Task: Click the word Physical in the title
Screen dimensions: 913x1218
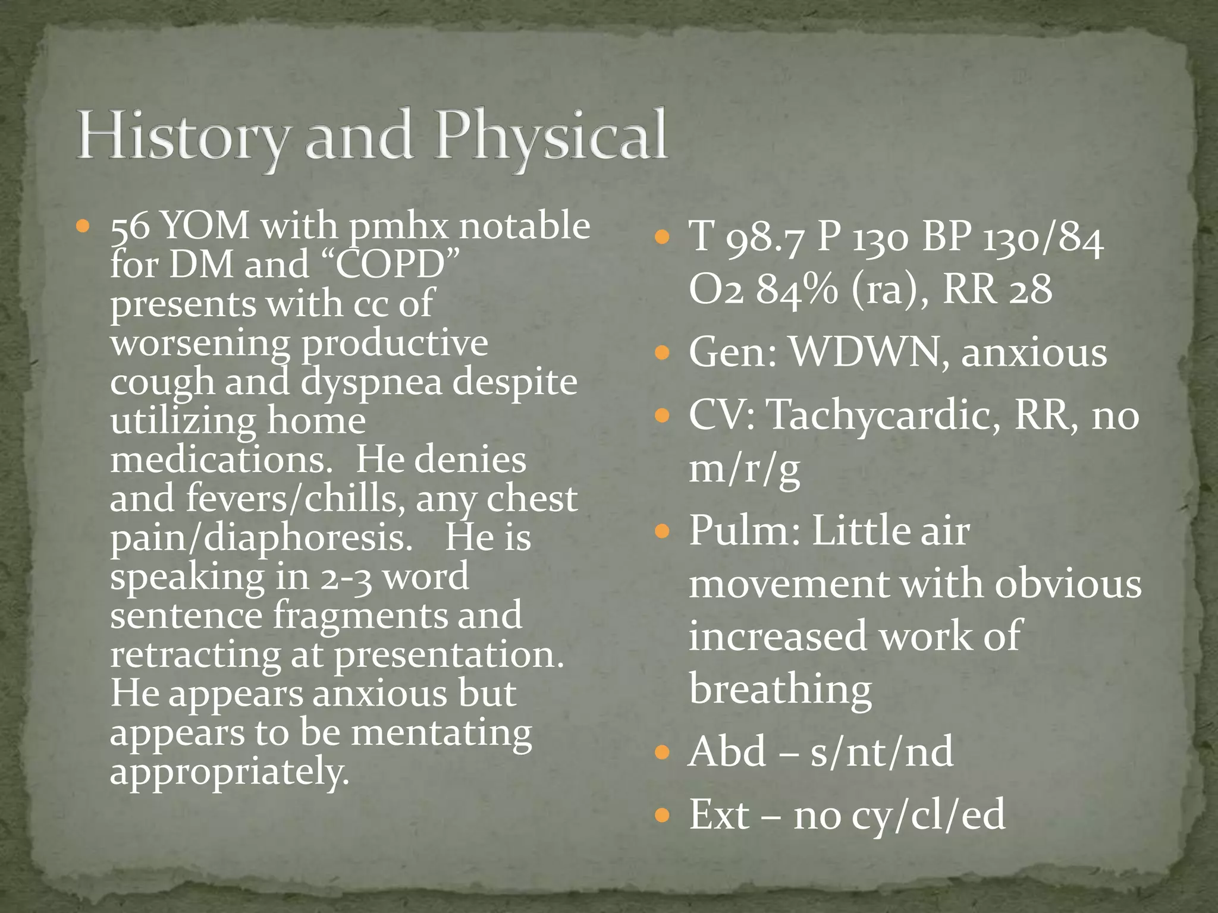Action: tap(550, 136)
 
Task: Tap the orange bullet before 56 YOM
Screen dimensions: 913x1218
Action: tap(83, 226)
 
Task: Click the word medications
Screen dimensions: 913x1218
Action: tap(221, 459)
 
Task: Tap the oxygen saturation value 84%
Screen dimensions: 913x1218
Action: tap(796, 289)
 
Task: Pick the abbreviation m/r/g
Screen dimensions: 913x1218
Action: tap(744, 468)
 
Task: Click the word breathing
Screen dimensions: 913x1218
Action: tap(780, 689)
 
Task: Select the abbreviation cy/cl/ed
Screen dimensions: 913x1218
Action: tap(928, 814)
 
